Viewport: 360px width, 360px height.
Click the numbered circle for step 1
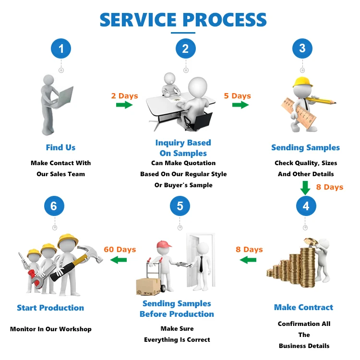click(61, 48)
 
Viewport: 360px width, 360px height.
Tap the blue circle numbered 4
click(306, 206)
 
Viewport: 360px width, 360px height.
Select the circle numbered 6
click(54, 206)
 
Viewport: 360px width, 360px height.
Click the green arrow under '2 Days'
click(124, 105)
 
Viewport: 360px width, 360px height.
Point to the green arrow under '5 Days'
click(240, 105)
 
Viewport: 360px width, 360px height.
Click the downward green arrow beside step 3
click(305, 187)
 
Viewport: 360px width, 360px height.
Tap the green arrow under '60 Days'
click(119, 260)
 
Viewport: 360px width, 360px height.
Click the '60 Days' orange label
click(120, 250)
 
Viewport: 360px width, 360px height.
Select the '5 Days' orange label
click(237, 96)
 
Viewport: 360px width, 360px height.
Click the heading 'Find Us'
click(60, 147)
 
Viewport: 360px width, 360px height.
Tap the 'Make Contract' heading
click(303, 307)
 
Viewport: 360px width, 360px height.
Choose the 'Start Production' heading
click(50, 308)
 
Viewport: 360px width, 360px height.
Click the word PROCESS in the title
click(225, 20)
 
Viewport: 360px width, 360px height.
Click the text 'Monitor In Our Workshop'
click(51, 329)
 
